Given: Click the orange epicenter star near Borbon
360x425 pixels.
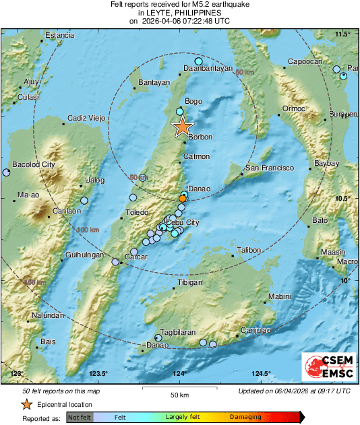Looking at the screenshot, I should (182, 127).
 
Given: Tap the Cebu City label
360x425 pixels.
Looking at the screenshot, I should (183, 222).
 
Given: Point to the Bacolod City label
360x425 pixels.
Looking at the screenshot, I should (34, 164).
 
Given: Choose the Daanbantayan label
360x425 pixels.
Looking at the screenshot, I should (208, 68).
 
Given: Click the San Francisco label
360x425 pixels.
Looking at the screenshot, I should (270, 167).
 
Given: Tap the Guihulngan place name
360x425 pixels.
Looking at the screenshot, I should (84, 255).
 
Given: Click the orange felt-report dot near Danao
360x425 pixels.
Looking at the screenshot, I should (183, 199).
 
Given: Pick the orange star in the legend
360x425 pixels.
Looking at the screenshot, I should (26, 404).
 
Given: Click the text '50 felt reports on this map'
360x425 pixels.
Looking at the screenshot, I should (61, 391).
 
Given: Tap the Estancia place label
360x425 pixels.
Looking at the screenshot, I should (59, 35).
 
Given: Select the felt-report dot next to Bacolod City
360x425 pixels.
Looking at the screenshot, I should (6, 173).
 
